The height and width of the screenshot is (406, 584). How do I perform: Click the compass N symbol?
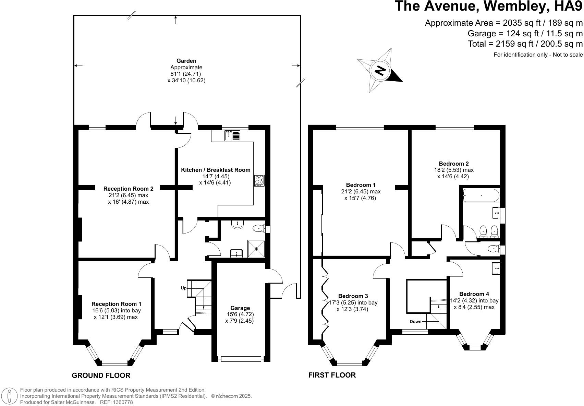click(380, 70)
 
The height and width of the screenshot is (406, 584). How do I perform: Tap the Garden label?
click(186, 61)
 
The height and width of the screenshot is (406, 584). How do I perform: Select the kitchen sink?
click(232, 136)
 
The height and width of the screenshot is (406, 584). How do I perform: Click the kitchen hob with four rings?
click(259, 180)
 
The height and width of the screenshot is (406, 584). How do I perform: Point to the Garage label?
click(240, 308)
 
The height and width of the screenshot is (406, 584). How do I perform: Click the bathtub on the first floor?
click(481, 195)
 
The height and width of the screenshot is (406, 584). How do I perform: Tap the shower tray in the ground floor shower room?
click(256, 249)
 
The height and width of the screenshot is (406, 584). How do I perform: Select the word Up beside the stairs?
click(184, 288)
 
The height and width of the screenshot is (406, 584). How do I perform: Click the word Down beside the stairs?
click(415, 321)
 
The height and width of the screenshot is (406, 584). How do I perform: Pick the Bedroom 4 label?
click(474, 294)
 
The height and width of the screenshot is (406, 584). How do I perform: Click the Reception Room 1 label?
click(116, 304)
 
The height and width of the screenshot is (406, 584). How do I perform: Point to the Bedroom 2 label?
click(454, 164)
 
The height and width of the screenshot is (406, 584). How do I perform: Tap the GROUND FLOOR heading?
click(101, 375)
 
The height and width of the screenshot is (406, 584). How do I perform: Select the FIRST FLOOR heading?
click(332, 375)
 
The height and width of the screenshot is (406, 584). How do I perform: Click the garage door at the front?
click(241, 359)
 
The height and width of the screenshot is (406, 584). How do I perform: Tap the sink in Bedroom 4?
click(496, 268)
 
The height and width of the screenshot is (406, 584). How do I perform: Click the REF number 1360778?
click(123, 402)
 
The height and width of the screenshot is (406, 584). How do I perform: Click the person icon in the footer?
click(9, 396)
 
